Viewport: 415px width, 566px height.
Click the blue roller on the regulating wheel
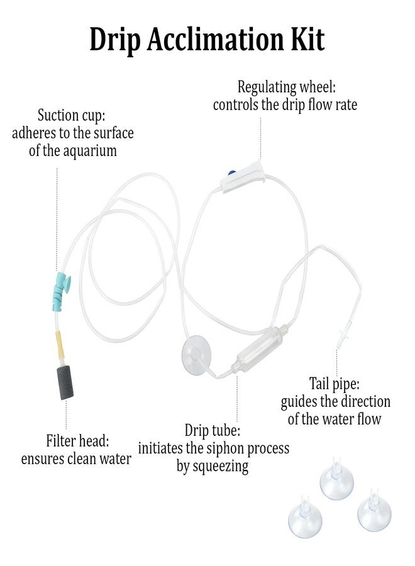point(231,173)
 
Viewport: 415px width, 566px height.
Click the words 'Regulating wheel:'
point(286,87)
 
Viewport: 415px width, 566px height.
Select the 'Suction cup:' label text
point(71,116)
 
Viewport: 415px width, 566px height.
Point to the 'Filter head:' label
point(77,441)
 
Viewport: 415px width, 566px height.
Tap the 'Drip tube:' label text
point(212,430)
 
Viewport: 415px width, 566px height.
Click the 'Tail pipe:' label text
point(334,384)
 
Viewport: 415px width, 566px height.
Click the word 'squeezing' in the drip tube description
point(221,467)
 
